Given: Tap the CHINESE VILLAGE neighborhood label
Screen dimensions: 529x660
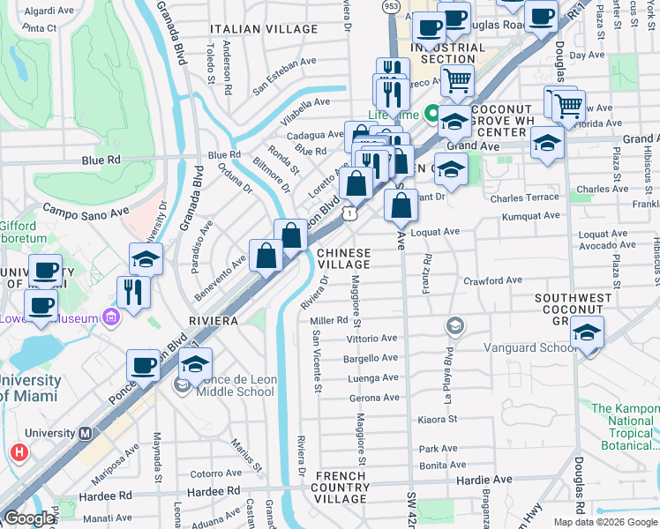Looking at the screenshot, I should pos(343,259).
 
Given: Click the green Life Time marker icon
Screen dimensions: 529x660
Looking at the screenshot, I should pos(432,114).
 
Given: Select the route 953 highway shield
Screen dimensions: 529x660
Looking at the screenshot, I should pos(391,6).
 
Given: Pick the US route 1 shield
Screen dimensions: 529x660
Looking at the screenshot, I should pos(351,213).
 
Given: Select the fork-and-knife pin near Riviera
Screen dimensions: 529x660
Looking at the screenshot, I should pos(132,292).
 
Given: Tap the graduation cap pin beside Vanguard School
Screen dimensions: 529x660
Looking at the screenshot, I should pos(587,334).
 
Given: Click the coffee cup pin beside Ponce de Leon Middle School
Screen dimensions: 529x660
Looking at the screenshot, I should pos(143,364).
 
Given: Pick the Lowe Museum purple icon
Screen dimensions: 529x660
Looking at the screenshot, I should pos(110,316).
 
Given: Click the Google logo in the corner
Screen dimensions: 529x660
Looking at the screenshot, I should pos(29,518).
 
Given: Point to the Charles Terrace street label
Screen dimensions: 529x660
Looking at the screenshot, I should pos(524,197).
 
